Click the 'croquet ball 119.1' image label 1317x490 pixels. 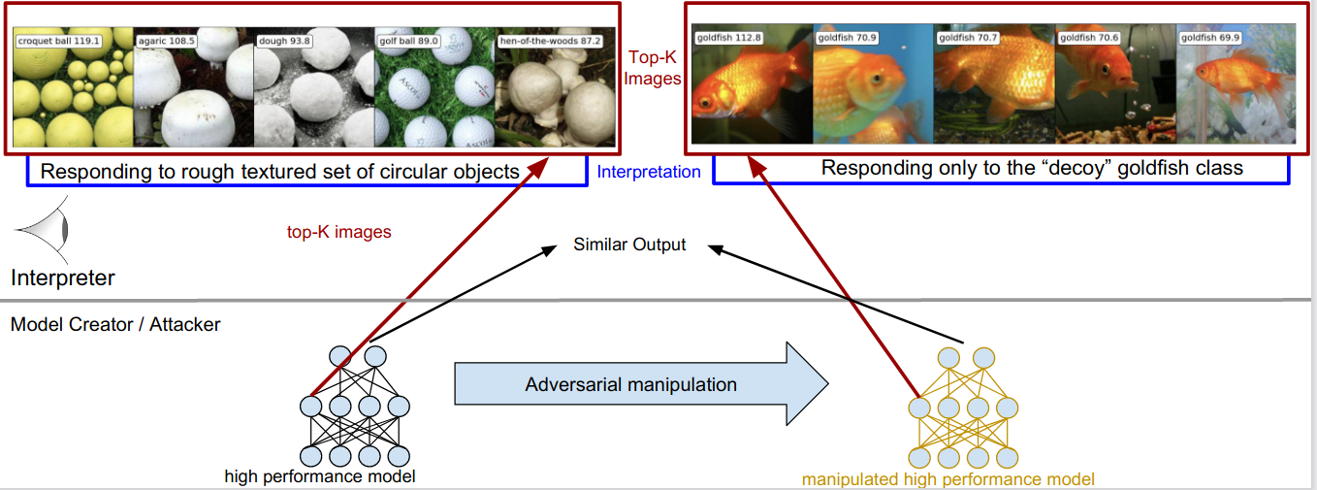(58, 42)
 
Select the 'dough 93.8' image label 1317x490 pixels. (283, 42)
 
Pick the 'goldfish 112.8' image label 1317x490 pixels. (730, 38)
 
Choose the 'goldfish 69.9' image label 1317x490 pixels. (1212, 38)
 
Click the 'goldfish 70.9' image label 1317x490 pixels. (848, 38)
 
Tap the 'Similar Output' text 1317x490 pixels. (629, 245)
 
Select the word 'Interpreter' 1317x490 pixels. (63, 278)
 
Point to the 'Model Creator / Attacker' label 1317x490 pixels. (115, 324)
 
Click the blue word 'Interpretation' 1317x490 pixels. (649, 172)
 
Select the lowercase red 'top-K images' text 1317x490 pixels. (338, 232)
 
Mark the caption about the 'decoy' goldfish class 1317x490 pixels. (1032, 168)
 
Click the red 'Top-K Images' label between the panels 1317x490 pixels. (653, 68)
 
